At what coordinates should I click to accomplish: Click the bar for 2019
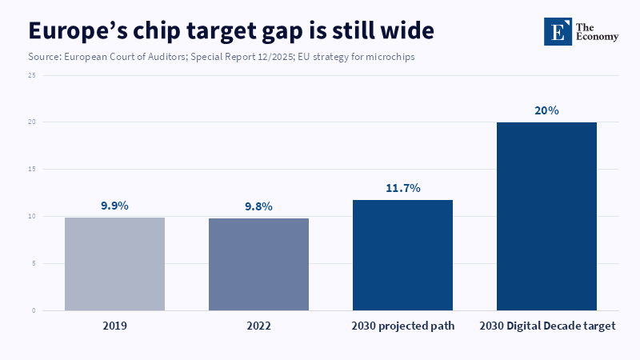114,264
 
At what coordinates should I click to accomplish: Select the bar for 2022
258,265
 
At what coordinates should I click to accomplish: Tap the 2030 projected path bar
403,255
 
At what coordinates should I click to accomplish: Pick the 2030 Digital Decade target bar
546,216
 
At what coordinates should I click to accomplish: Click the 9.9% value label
114,206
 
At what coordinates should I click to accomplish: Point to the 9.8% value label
258,206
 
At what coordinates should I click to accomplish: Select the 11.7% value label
403,188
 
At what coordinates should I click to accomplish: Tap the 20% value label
546,110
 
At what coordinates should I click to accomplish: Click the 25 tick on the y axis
32,75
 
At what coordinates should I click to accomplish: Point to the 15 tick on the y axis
32,169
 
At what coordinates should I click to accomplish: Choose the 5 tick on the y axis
34,263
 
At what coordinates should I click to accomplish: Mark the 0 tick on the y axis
34,310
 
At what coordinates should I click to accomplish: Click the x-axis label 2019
114,326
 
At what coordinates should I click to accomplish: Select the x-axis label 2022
258,326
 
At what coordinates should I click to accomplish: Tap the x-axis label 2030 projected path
403,326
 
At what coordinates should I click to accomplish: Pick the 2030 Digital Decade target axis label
547,326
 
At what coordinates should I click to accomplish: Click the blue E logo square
558,31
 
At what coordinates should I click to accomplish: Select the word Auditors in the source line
168,57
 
